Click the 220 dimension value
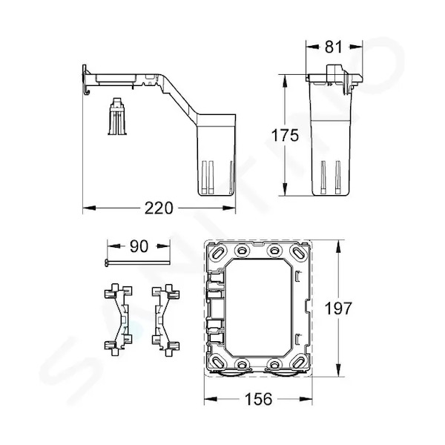159,208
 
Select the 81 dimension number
334,47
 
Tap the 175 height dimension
285,135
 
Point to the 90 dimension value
139,246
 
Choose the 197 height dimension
338,309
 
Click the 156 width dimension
258,399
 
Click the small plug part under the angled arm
116,116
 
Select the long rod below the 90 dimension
137,263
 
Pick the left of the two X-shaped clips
119,320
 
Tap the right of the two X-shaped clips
165,320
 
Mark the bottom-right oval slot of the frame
298,363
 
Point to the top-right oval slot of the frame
298,252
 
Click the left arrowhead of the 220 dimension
89,208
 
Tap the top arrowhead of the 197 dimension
337,246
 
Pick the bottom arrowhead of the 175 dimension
285,189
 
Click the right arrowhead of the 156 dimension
306,399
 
